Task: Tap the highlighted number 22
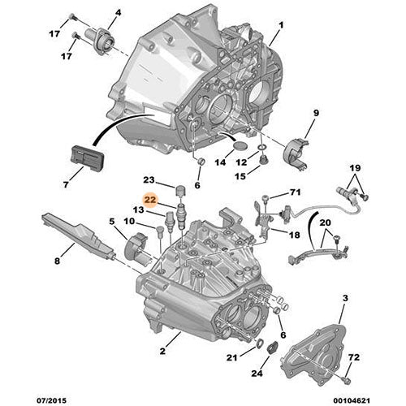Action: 149,197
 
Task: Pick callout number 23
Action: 149,180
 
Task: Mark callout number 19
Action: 354,167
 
